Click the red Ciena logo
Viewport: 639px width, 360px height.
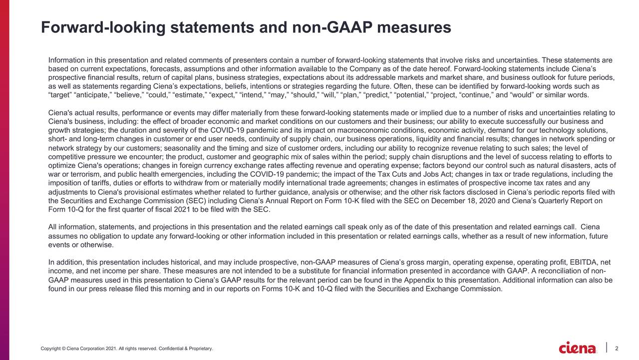tap(577, 348)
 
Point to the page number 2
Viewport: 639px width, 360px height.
tap(618, 348)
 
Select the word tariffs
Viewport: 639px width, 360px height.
tap(92, 183)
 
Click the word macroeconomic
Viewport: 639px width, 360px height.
tap(358, 130)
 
